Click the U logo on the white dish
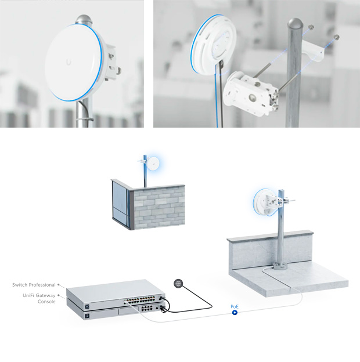pyautogui.click(x=69, y=62)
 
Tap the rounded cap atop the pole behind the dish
pyautogui.click(x=84, y=19)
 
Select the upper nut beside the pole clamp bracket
pyautogui.click(x=311, y=27)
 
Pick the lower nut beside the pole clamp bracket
pyautogui.click(x=337, y=37)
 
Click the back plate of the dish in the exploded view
pyautogui.click(x=213, y=45)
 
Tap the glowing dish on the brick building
pyautogui.click(x=153, y=164)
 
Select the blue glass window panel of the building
pyautogui.click(x=120, y=201)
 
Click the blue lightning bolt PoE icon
pyautogui.click(x=235, y=313)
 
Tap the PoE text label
pyautogui.click(x=235, y=306)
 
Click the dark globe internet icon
pyautogui.click(x=178, y=283)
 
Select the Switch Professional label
pyautogui.click(x=34, y=285)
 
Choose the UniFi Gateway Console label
pyautogui.click(x=39, y=299)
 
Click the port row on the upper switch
pyautogui.click(x=139, y=300)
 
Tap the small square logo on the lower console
pyautogui.click(x=87, y=316)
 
